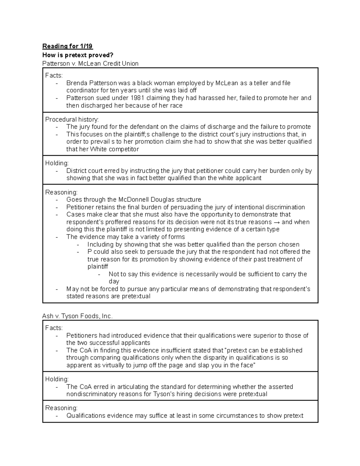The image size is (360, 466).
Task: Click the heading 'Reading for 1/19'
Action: click(67, 46)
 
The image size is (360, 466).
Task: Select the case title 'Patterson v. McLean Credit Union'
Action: click(90, 64)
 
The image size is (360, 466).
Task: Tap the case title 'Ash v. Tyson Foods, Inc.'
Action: click(77, 316)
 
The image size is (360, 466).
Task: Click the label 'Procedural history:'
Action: click(72, 119)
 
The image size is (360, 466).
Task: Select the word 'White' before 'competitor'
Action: click(98, 149)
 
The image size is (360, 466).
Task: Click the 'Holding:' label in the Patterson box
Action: click(57, 163)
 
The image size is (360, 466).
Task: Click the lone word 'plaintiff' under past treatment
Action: click(97, 266)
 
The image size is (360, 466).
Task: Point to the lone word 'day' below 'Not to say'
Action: click(114, 281)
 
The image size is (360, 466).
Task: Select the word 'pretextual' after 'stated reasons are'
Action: click(136, 296)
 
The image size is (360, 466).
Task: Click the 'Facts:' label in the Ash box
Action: click(54, 328)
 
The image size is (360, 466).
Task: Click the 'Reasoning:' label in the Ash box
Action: click(61, 408)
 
